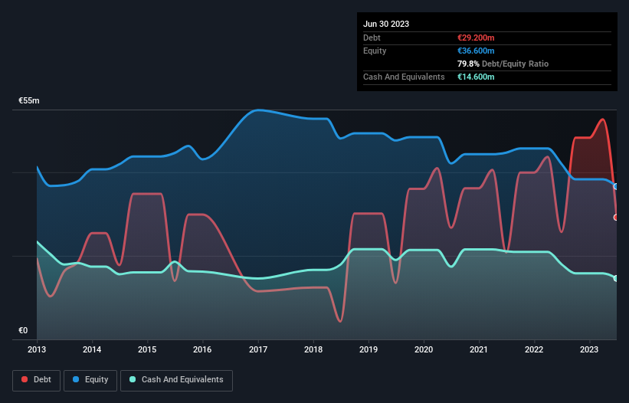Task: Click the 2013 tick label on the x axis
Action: click(x=37, y=349)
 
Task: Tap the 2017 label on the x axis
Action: click(x=258, y=349)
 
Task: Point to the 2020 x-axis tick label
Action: click(x=424, y=349)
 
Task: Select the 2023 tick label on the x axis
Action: click(x=590, y=349)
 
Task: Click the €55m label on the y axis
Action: click(x=29, y=101)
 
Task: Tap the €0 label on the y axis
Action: click(x=23, y=331)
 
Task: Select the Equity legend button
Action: click(x=90, y=380)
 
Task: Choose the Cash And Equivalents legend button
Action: click(x=176, y=380)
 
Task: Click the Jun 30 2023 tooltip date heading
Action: click(x=386, y=24)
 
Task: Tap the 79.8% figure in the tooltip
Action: click(x=470, y=64)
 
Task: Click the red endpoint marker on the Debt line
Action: click(x=616, y=218)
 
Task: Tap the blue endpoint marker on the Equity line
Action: click(x=616, y=186)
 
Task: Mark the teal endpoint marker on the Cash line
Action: click(x=616, y=278)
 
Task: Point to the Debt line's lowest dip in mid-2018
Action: click(x=339, y=321)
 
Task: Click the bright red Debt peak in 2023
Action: click(x=604, y=119)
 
